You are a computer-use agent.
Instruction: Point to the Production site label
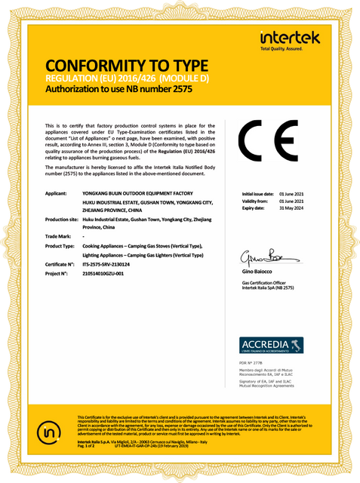63,219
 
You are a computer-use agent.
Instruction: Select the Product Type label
61,246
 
